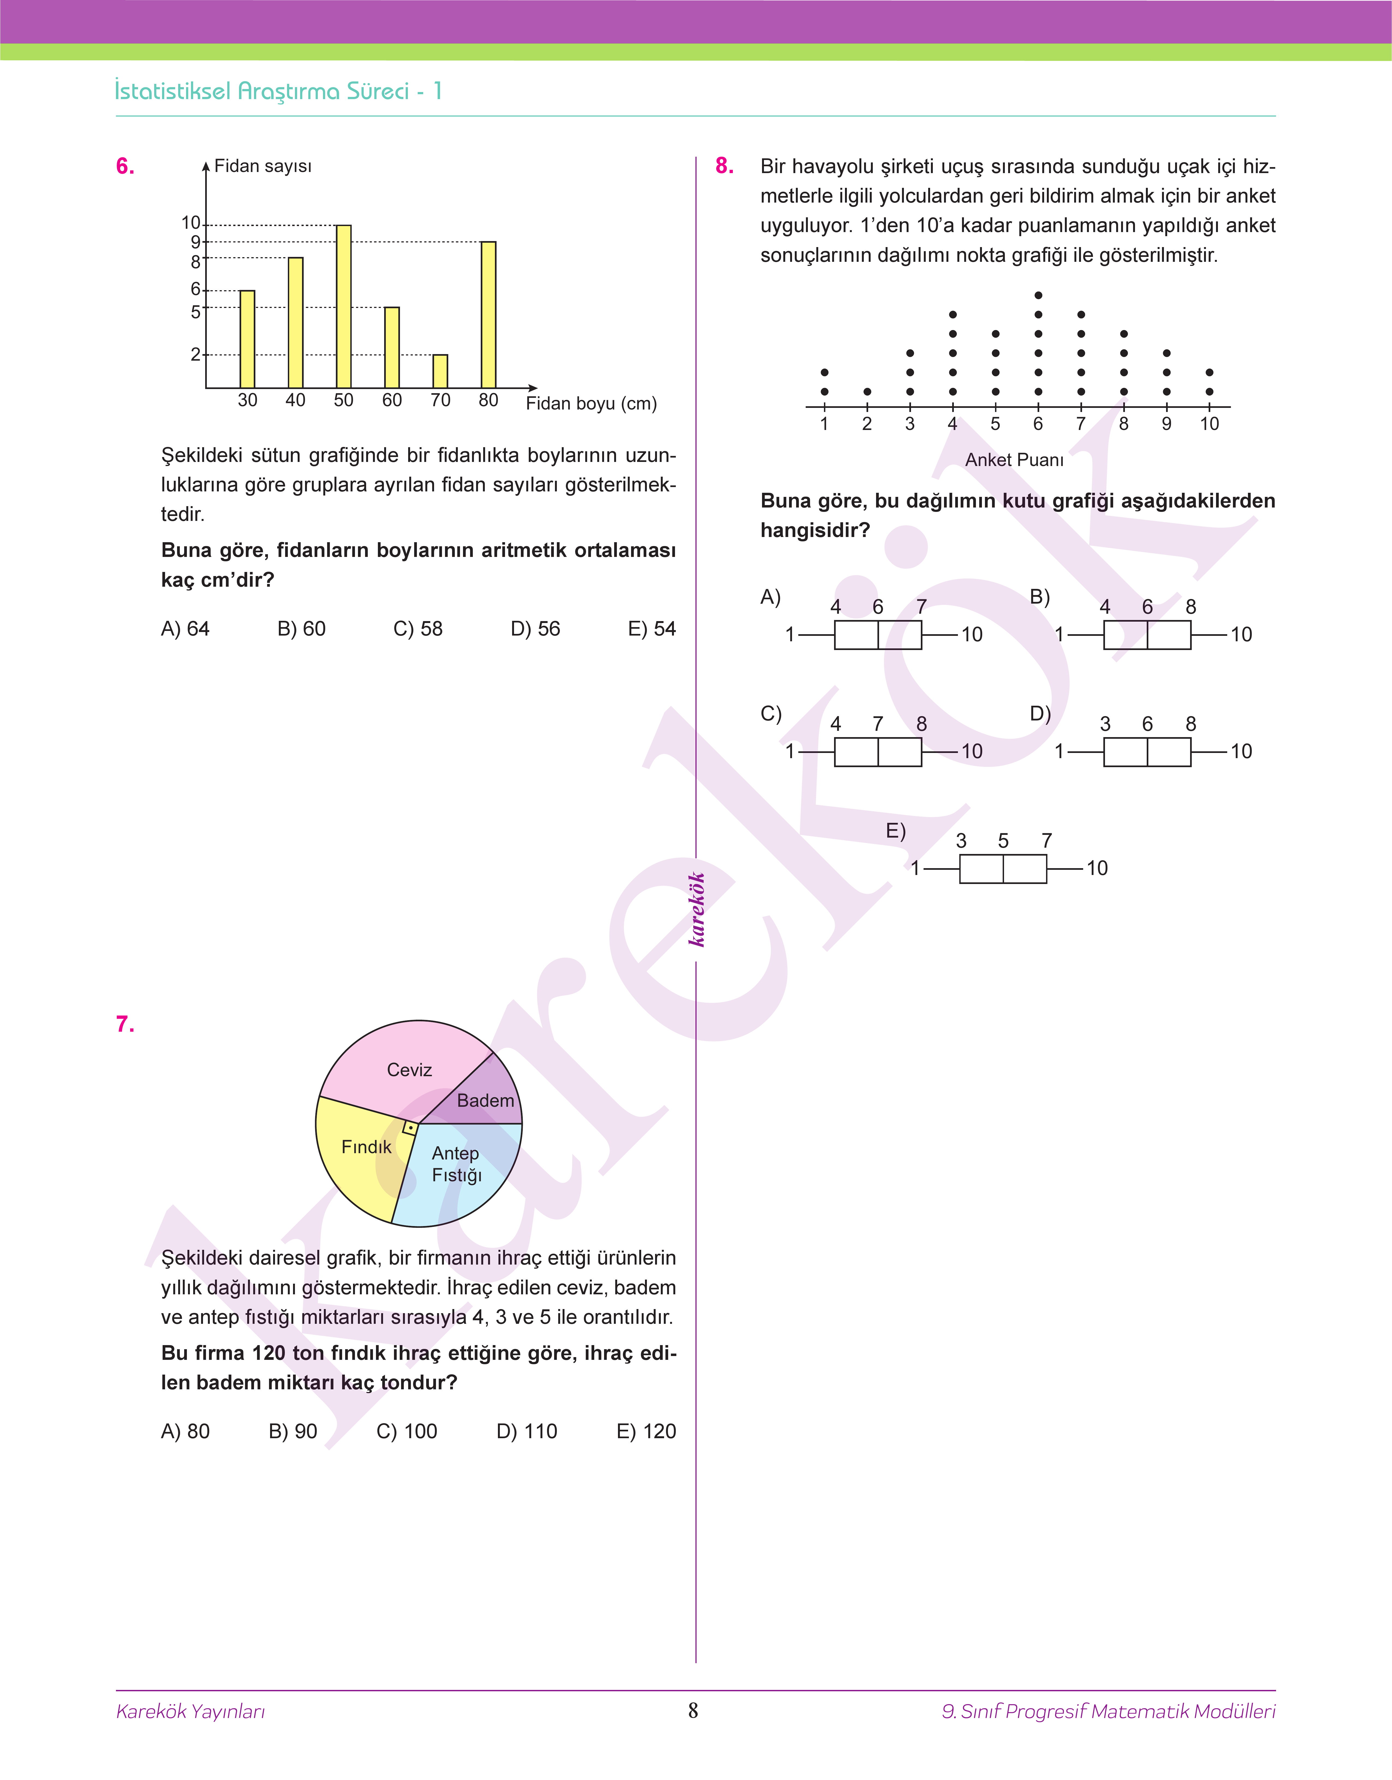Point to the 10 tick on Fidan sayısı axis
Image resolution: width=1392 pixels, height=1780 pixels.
[x=191, y=223]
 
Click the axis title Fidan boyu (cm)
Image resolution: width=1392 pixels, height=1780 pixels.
[x=591, y=404]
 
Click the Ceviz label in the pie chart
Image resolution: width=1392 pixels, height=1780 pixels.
[x=409, y=1070]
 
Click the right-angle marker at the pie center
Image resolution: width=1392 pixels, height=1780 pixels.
[x=410, y=1129]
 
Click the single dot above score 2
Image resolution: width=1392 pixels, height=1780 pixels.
[x=867, y=392]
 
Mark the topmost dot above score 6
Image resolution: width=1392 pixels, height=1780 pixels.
[x=1038, y=295]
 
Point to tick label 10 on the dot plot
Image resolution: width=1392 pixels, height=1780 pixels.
[x=1209, y=424]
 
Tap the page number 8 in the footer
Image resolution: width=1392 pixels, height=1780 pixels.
[x=693, y=1711]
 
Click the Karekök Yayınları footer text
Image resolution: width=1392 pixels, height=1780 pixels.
[x=191, y=1711]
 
